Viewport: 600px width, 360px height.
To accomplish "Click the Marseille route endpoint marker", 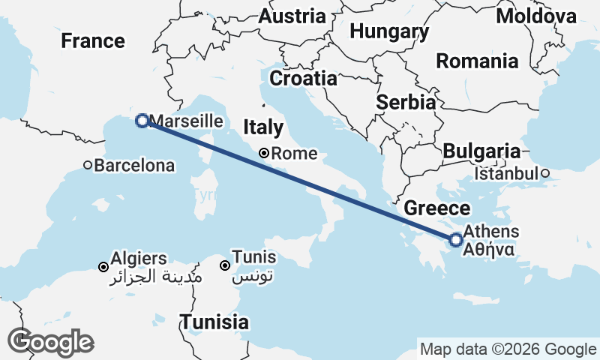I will coord(142,120).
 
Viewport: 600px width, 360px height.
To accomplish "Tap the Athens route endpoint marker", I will coord(455,240).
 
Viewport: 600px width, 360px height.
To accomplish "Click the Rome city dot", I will coord(264,153).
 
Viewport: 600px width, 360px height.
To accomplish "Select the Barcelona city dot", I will coord(88,165).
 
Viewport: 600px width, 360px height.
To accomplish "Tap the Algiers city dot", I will coord(103,266).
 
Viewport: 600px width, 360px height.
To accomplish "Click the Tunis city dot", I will coord(224,265).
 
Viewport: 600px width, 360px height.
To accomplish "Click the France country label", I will coord(93,40).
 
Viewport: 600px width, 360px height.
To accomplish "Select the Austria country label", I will coord(292,16).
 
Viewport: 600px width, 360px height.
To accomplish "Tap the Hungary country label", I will coord(389,31).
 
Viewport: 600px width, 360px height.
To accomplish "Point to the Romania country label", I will coord(477,61).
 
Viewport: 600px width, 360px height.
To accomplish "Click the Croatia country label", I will coord(303,78).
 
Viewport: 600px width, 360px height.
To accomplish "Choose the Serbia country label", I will coord(406,102).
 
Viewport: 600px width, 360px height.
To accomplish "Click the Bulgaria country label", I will coord(481,151).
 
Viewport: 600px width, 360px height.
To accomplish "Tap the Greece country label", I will coord(437,208).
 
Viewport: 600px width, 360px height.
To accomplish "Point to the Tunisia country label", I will coord(214,322).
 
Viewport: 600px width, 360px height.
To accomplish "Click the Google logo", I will coord(50,342).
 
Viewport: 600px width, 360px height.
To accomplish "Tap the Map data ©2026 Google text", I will coord(508,349).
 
